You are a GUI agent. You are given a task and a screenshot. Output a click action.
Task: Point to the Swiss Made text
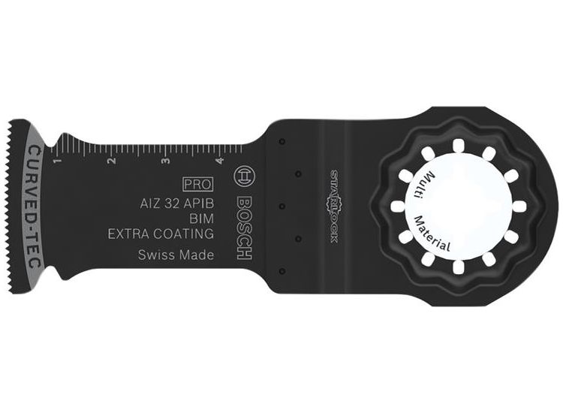pos(176,255)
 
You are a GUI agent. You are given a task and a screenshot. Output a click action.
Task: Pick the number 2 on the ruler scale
pos(110,161)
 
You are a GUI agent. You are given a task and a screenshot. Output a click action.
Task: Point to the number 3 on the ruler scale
pos(165,161)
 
